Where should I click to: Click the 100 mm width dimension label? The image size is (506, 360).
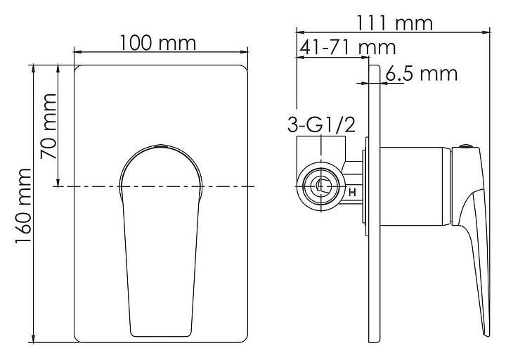pos(158,44)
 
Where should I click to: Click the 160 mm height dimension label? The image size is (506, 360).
pos(24,206)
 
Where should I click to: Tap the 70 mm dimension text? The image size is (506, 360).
pos(48,127)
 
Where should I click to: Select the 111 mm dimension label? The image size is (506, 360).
pos(394,23)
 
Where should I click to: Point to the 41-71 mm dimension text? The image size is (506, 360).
pos(348,48)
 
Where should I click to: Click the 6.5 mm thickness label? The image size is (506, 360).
pos(422,74)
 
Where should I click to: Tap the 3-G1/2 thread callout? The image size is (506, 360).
pos(321,125)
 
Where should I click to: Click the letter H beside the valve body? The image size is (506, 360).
pos(352,193)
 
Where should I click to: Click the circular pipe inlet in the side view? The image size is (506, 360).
pos(321,186)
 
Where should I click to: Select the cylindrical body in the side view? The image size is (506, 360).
pos(415,186)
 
